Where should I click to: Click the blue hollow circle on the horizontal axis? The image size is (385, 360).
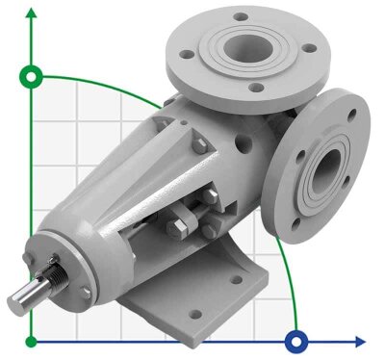coord(296,340)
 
